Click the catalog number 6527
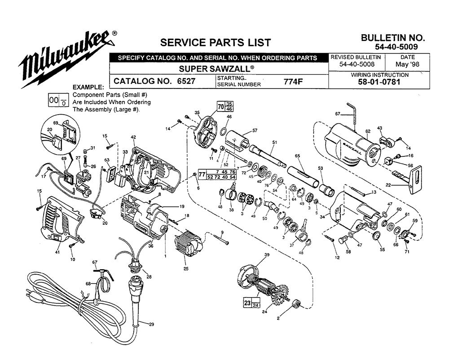pyautogui.click(x=186, y=81)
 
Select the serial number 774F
pyautogui.click(x=293, y=82)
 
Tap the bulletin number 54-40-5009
pyautogui.click(x=396, y=47)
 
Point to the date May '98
pyautogui.click(x=407, y=64)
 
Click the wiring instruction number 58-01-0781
pyautogui.click(x=379, y=82)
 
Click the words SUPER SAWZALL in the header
pyautogui.click(x=216, y=69)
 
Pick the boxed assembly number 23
pyautogui.click(x=247, y=302)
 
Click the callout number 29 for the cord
pyautogui.click(x=151, y=324)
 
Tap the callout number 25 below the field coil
pyautogui.click(x=186, y=269)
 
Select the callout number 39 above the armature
pyautogui.click(x=267, y=255)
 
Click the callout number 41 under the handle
pyautogui.click(x=57, y=252)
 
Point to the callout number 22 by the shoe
pyautogui.click(x=388, y=185)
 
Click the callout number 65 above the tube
pyautogui.click(x=297, y=156)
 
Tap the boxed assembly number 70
pyautogui.click(x=221, y=107)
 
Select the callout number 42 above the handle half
pyautogui.click(x=133, y=137)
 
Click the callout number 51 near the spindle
pyautogui.click(x=275, y=142)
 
